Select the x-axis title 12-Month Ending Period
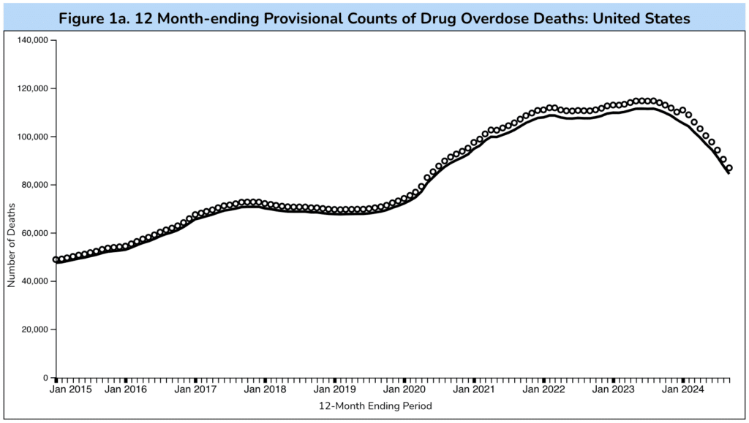coord(375,405)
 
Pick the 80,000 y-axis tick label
coord(33,185)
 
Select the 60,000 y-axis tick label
coord(33,233)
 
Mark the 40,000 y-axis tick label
coord(33,281)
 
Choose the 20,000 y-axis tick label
coord(33,329)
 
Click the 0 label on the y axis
coord(45,378)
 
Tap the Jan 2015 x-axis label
coord(72,389)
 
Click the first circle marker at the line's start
coord(56,259)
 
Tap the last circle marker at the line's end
coord(729,169)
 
